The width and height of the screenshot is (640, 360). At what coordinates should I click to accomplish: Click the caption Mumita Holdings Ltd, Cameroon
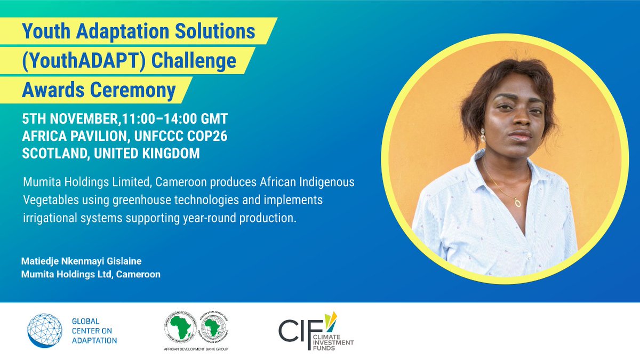coord(91,275)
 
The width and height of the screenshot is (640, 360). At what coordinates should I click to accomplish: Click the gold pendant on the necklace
coord(517,202)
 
